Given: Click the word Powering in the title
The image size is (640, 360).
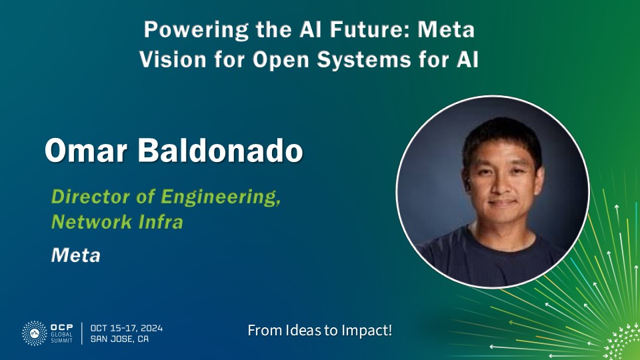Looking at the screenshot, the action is tap(197, 31).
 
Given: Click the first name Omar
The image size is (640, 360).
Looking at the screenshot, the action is tap(86, 150).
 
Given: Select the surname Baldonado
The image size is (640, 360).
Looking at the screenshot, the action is tap(221, 150).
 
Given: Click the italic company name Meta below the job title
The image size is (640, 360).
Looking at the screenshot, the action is tap(75, 255).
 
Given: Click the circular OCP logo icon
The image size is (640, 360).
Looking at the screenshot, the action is tap(34, 333).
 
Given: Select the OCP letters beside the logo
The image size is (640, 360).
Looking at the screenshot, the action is tap(61, 327).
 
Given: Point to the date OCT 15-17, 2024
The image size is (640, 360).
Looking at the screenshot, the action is tap(127, 328).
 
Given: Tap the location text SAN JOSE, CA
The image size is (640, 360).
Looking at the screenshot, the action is tap(119, 339).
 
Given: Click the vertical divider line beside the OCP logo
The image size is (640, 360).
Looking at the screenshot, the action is tap(81, 333).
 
